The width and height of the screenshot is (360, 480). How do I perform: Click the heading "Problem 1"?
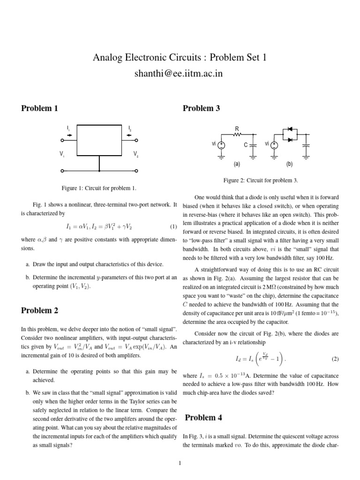(40, 108)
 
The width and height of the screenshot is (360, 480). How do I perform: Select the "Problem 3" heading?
(201, 108)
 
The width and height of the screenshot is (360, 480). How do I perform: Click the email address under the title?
(180, 74)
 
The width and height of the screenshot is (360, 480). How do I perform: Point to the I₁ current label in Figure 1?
(68, 127)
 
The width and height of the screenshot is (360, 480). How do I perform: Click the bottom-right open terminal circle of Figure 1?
(136, 171)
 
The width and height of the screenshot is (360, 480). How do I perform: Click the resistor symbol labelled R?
(237, 135)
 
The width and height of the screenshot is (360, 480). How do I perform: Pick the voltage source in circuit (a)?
(222, 145)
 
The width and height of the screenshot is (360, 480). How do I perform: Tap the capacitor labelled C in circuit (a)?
(253, 145)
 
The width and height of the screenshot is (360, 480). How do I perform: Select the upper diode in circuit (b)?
(290, 129)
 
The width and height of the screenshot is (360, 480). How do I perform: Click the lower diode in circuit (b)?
(290, 139)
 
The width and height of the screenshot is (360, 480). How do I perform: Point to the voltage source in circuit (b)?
(275, 145)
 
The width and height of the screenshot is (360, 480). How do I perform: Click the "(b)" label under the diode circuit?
(289, 165)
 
